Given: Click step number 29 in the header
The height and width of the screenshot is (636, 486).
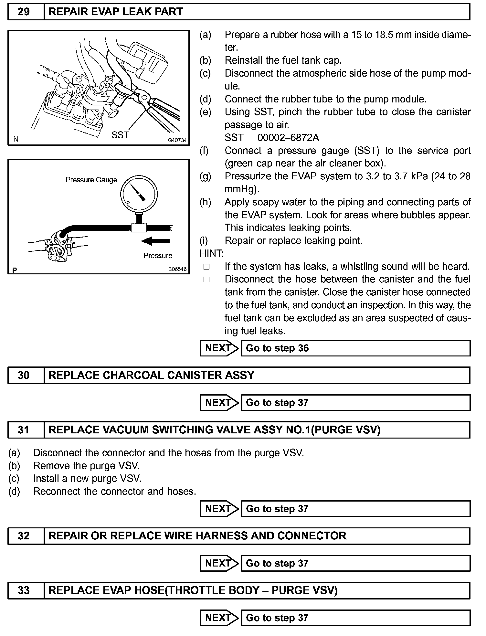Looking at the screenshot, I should (x=24, y=12).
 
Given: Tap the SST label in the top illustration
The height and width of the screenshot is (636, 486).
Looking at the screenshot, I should (x=120, y=135).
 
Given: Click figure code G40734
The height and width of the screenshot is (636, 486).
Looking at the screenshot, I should (x=177, y=140).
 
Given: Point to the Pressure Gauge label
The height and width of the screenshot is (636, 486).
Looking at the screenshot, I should (x=91, y=180).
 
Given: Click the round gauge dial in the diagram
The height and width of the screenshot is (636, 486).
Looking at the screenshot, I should (x=139, y=194).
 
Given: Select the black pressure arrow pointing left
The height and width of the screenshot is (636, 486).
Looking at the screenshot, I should (x=155, y=241).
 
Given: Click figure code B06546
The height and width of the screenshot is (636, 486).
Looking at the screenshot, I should (x=177, y=269).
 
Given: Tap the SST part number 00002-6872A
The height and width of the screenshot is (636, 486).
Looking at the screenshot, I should (x=288, y=138).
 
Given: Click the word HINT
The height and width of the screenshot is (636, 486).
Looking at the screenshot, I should (x=212, y=253).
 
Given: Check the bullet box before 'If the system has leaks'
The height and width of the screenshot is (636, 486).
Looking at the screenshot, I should (x=206, y=267).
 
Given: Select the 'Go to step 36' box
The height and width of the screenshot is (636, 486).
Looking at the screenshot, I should (x=355, y=348).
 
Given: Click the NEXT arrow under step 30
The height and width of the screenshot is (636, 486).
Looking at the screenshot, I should (x=219, y=403).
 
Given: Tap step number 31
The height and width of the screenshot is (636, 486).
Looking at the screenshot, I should (x=24, y=430).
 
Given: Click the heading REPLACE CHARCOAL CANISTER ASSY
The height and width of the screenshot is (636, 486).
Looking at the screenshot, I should (x=151, y=375).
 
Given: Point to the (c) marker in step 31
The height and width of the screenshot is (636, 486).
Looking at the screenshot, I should (x=14, y=478).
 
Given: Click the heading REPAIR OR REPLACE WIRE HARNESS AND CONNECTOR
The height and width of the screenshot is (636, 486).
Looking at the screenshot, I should (x=197, y=536).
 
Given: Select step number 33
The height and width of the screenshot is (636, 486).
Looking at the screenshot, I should (x=24, y=590).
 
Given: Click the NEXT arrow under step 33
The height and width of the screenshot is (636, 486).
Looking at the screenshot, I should (x=219, y=618).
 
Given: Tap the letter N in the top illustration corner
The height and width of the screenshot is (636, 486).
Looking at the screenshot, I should (x=16, y=139).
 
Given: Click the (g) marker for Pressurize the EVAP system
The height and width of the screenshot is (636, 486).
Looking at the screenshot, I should (x=206, y=176).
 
